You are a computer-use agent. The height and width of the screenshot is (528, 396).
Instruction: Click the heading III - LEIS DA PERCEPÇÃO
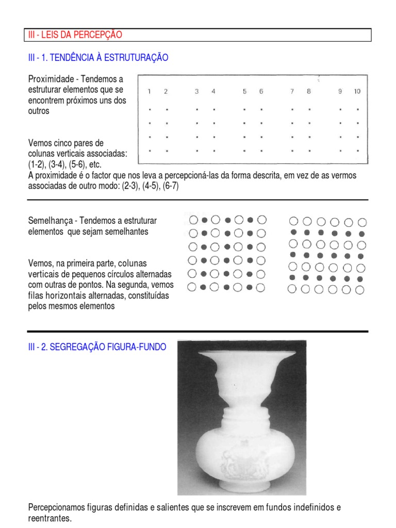[x=75, y=35]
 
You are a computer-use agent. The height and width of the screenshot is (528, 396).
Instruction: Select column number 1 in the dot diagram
[x=149, y=92]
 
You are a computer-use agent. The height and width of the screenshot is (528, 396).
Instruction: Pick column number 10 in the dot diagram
[x=357, y=92]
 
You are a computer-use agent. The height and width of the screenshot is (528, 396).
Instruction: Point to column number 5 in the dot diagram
[x=244, y=92]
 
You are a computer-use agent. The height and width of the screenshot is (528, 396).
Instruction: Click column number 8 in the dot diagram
[x=309, y=92]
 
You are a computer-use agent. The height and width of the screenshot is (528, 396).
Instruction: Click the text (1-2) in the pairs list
[x=37, y=164]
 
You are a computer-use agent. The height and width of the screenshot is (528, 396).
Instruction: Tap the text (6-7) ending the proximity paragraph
[x=170, y=186]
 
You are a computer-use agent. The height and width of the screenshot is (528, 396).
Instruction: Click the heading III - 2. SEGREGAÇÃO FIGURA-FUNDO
[x=97, y=348]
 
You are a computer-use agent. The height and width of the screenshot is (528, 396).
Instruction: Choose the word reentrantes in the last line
[x=49, y=518]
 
